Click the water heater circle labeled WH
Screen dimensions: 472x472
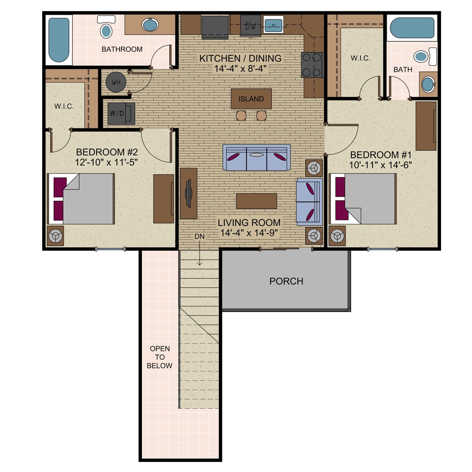[116, 82]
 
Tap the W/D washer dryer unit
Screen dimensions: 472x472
[121, 113]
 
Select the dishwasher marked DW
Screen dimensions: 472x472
[250, 26]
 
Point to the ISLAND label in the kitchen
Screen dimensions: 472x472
[251, 99]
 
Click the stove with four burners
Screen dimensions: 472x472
[312, 65]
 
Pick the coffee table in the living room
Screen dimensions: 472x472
[256, 201]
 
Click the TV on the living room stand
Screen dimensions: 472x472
[188, 194]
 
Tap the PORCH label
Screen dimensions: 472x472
[286, 281]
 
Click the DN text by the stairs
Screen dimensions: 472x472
[199, 237]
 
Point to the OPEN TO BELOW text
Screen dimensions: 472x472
[160, 357]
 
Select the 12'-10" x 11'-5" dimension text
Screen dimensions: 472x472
[106, 162]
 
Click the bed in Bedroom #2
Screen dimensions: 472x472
[83, 199]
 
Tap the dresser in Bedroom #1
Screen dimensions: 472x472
[426, 126]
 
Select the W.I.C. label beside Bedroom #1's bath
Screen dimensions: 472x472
[360, 58]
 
